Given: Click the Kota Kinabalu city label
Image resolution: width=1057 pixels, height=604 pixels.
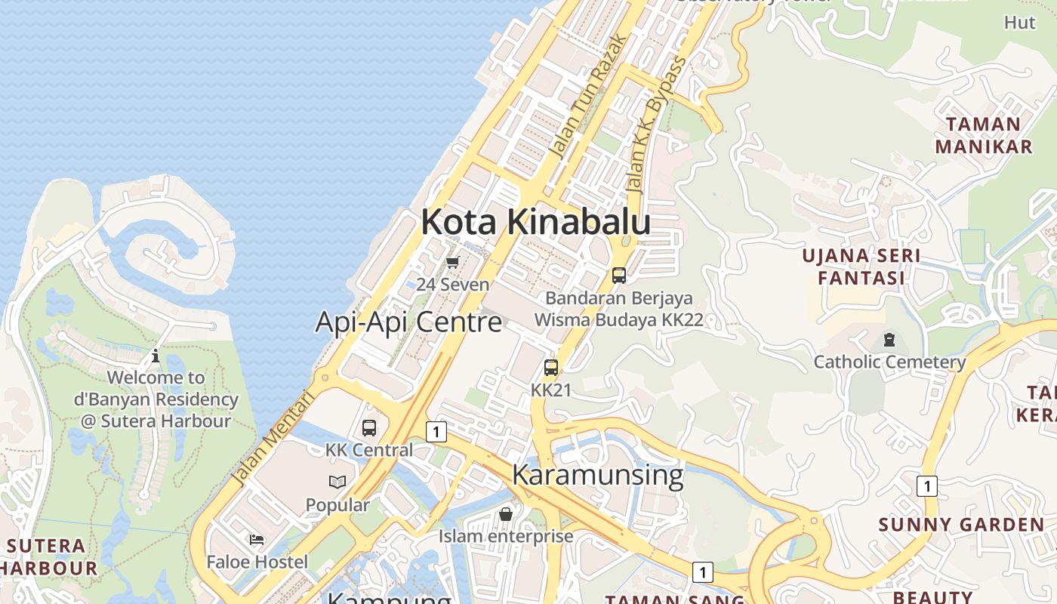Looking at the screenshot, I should pos(535,222).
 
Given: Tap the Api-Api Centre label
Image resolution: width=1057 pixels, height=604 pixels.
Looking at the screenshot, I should pos(408,322).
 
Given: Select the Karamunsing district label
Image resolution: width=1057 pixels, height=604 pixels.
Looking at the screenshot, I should pos(597,475).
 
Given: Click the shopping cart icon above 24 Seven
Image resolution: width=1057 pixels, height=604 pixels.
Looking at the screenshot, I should pos(452,263).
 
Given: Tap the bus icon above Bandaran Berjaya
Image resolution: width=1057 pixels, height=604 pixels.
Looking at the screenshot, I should pos(619,276).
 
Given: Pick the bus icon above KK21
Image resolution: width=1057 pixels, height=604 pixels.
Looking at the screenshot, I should pos(551,368).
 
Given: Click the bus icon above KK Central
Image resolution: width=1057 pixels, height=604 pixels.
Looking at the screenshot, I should pos(369,428).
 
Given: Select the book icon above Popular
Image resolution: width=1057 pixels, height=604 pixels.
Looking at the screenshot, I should pos(337,482).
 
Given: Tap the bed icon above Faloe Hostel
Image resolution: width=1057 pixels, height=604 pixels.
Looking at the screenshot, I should pos(257,540).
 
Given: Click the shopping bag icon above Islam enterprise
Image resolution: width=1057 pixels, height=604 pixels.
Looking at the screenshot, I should pos(506,514).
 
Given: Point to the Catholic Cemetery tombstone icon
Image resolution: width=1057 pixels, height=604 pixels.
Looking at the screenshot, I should pos(889,340).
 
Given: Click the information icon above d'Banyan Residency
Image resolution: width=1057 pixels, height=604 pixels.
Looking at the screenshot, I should pos(156,355).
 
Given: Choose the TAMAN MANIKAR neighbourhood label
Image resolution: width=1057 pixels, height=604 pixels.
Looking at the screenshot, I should pos(983,135).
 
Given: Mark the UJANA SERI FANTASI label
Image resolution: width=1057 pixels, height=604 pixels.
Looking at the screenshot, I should pos(861,267).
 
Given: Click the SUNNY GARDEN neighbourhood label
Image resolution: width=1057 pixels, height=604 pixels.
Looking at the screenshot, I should pos(961,525).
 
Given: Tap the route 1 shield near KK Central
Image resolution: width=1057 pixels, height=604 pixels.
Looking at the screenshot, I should pos(436,432).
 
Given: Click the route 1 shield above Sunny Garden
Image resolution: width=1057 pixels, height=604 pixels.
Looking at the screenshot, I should pos(926,485).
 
